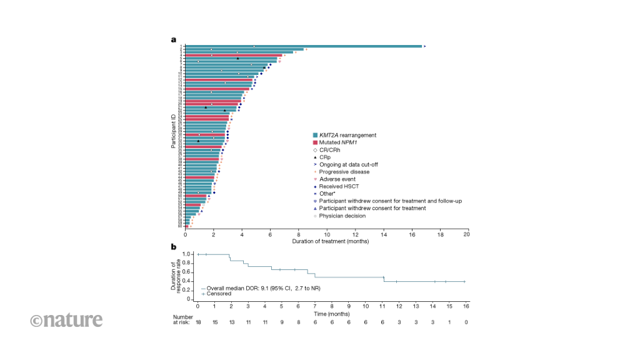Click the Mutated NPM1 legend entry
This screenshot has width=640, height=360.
pyautogui.click(x=337, y=142)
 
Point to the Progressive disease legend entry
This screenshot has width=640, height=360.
pyautogui.click(x=343, y=172)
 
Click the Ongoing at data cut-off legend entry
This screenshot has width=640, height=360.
pyautogui.click(x=347, y=164)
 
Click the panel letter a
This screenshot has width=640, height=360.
pyautogui.click(x=174, y=39)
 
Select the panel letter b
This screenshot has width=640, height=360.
pyautogui.click(x=174, y=247)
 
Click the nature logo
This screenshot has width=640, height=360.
pyautogui.click(x=66, y=320)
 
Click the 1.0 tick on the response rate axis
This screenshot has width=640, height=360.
pyautogui.click(x=186, y=254)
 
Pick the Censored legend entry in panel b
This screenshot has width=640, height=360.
pyautogui.click(x=216, y=293)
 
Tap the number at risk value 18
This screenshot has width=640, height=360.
pyautogui.click(x=197, y=322)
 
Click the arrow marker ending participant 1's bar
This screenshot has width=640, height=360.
pyautogui.click(x=424, y=46)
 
